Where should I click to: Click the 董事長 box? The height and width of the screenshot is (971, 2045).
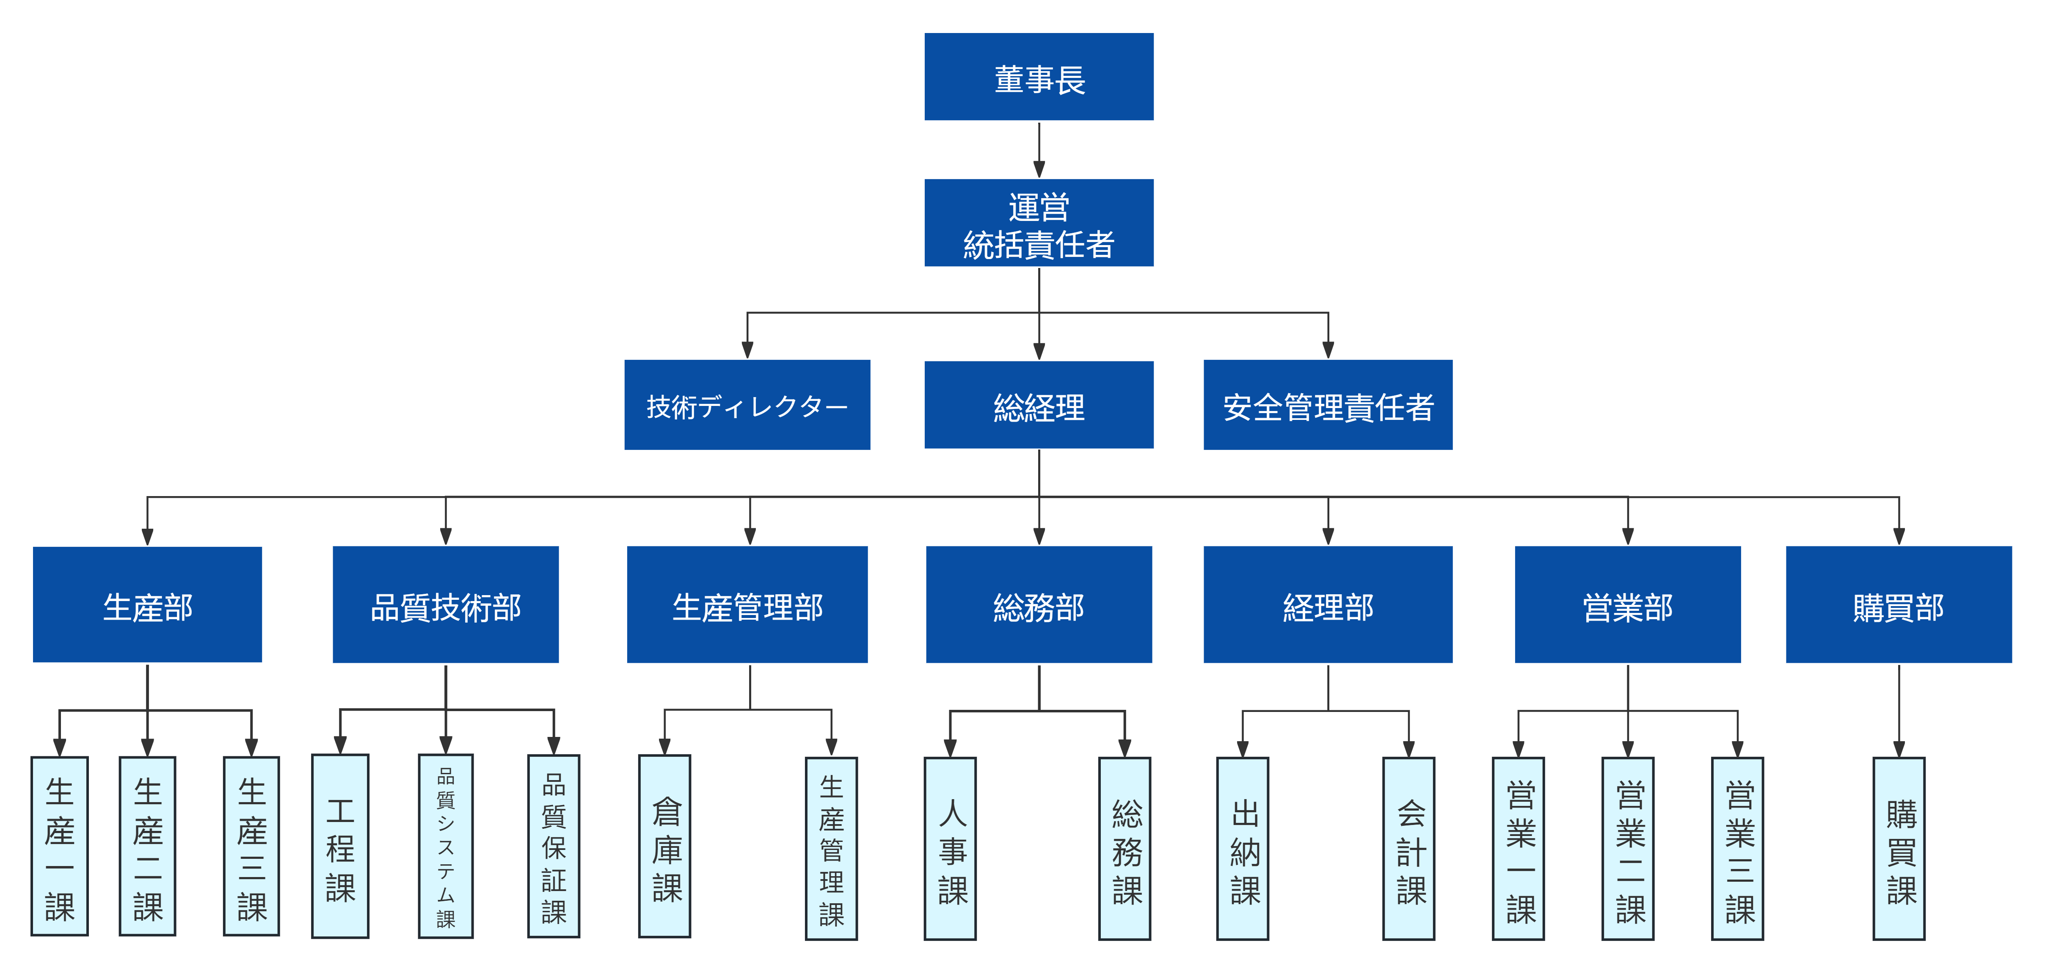[1039, 77]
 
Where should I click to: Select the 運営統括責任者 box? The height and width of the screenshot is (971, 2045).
[1039, 223]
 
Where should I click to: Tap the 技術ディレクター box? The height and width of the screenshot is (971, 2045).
[747, 405]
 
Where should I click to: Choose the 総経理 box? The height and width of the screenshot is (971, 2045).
[1039, 405]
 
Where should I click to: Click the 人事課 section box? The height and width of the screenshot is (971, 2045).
[950, 849]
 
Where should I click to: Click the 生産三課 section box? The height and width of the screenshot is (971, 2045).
[252, 847]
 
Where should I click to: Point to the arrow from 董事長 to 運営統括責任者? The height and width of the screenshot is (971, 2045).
[1039, 150]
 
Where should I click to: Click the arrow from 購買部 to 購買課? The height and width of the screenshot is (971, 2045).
[1899, 711]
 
